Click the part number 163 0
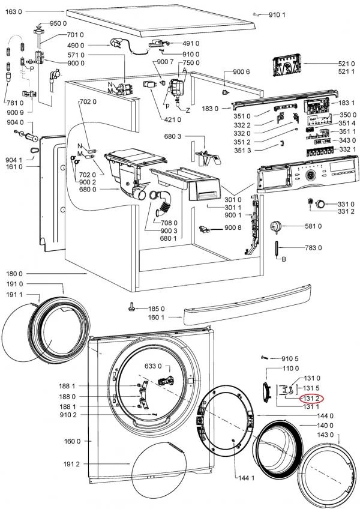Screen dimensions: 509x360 [x=13, y=11]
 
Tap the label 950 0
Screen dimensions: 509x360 [x=58, y=23]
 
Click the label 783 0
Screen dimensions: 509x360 [x=313, y=248]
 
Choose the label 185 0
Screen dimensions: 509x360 [x=156, y=309]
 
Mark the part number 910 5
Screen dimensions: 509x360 [x=290, y=358]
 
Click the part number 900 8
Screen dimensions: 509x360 [x=232, y=228]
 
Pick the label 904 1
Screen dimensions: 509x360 [x=14, y=160]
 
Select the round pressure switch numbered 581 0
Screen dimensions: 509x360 [x=277, y=226]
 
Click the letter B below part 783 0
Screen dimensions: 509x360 [x=284, y=259]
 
